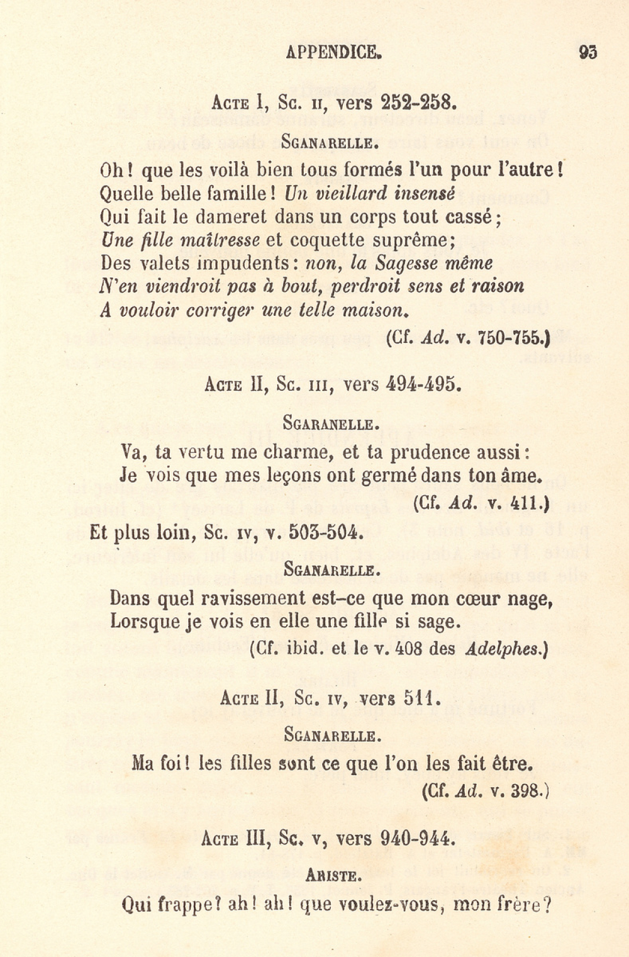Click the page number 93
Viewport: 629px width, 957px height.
coord(587,52)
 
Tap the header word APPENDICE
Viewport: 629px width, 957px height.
coord(333,52)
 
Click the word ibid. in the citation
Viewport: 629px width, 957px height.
coord(304,649)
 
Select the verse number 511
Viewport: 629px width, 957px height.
coord(418,698)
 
